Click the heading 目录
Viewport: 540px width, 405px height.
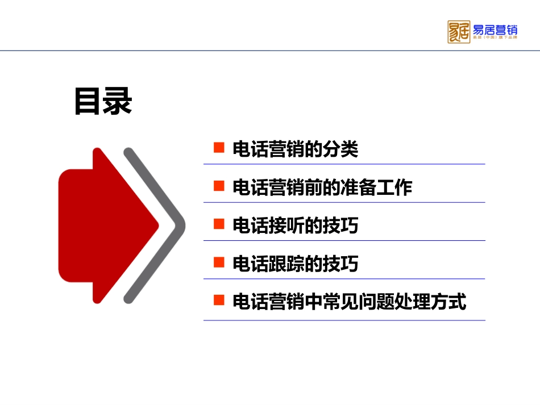pos(103,102)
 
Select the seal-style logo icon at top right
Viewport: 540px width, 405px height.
pos(458,32)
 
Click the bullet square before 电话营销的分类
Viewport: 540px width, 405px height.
pos(218,149)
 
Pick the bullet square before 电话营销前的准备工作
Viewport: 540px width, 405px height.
pos(218,187)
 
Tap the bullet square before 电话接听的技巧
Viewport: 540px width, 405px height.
pos(218,225)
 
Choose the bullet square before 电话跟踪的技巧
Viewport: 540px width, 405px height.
pos(218,263)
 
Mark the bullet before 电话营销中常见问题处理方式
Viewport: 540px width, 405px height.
pos(218,301)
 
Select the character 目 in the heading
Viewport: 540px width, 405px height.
pos(88,102)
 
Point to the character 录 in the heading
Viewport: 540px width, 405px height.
pos(118,102)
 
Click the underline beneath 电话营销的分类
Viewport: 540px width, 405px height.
pos(344,164)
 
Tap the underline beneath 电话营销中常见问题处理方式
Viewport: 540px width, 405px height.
pos(344,320)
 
